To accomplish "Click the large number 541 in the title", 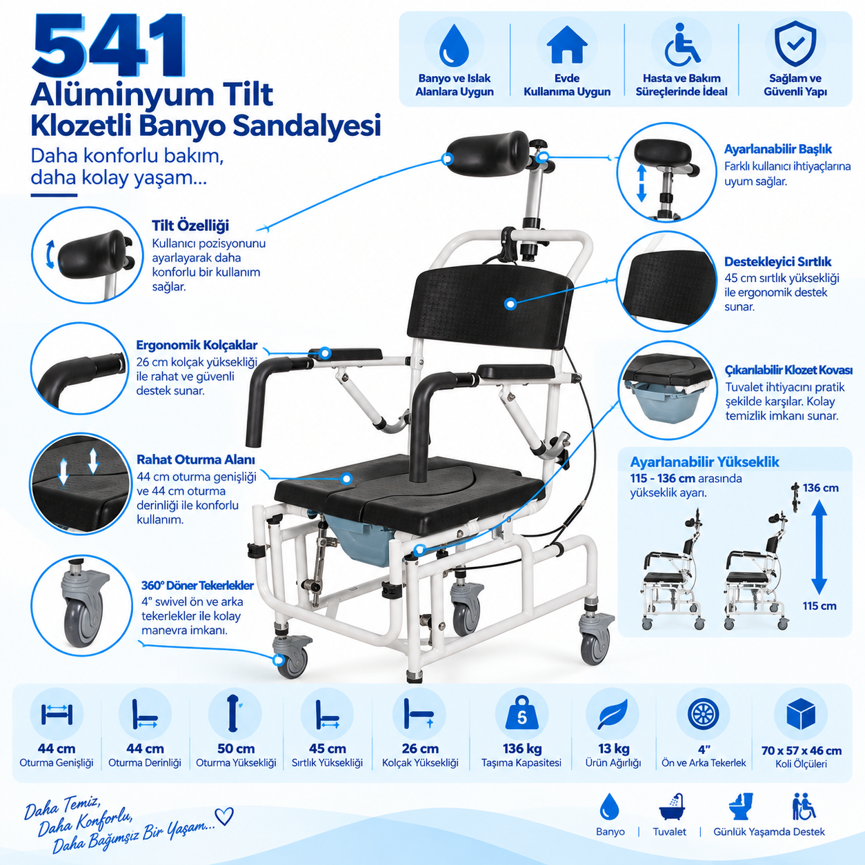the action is (x=108, y=45).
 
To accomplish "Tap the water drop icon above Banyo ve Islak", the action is (x=454, y=46).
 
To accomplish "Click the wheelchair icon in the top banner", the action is (x=682, y=44).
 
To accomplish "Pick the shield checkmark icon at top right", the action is (x=795, y=43).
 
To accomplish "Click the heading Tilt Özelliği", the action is (x=190, y=226).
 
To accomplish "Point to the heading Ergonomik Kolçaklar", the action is (x=197, y=345).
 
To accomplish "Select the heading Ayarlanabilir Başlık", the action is (x=778, y=149).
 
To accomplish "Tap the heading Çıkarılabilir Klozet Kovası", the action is (x=788, y=370).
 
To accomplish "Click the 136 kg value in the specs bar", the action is (x=522, y=748).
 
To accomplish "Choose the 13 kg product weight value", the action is (x=614, y=748).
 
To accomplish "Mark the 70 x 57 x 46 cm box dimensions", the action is (x=802, y=750).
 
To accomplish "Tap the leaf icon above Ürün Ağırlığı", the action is (x=613, y=714).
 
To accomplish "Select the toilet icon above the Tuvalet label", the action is (x=741, y=806).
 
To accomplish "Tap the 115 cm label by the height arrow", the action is (x=819, y=606).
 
